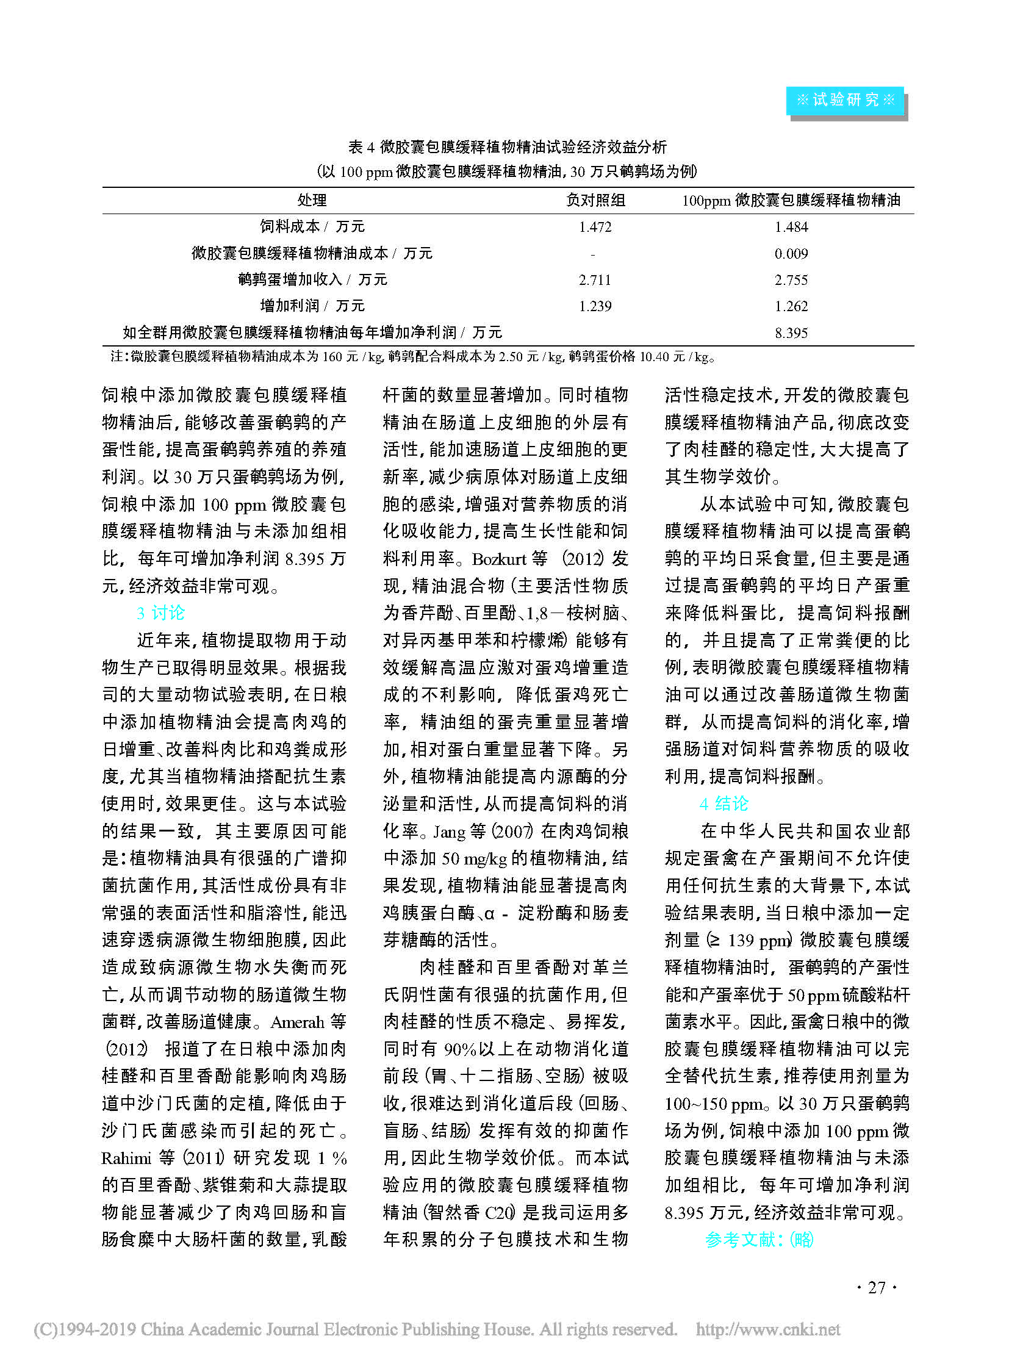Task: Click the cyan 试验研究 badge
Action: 845,100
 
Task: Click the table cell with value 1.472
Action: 595,227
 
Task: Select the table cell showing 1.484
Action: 791,227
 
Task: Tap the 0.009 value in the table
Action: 791,254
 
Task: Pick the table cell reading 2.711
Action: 595,280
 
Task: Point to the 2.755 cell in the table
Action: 791,280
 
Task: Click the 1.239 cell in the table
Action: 595,306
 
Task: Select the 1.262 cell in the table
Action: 791,306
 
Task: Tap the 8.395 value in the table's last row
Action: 791,333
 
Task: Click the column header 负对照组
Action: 595,200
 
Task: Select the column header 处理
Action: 312,200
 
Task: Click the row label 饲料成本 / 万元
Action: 312,226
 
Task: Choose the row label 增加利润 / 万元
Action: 312,306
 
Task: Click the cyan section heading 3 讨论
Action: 160,613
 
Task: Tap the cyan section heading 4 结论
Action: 724,804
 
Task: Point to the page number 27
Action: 877,1288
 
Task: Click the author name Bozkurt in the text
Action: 499,559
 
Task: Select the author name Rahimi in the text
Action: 126,1159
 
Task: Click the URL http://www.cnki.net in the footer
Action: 768,1329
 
